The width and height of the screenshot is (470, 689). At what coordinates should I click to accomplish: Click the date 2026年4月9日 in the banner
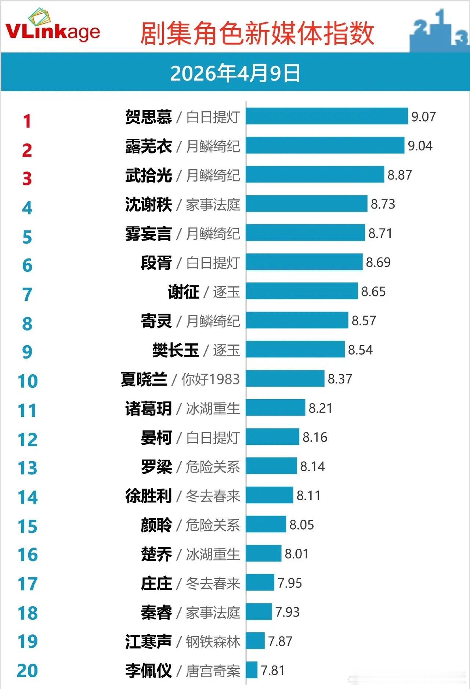(x=235, y=73)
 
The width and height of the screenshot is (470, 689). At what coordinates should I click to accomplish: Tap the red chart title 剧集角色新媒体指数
(x=257, y=34)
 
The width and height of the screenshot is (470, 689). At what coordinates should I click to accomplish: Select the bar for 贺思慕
(x=327, y=116)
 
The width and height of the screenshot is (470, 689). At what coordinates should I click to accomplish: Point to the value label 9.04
(x=420, y=146)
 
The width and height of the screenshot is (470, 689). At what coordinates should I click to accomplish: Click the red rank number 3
(x=27, y=179)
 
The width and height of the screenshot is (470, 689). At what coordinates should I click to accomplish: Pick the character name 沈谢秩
(x=148, y=205)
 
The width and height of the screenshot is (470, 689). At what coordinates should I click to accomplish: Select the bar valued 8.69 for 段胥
(x=304, y=262)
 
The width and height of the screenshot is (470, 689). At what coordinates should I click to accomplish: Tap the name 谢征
(x=183, y=292)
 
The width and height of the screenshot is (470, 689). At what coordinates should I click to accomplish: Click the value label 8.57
(x=364, y=321)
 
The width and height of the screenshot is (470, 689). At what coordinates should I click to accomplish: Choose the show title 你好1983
(x=210, y=379)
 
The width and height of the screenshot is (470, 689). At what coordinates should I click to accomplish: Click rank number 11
(x=28, y=411)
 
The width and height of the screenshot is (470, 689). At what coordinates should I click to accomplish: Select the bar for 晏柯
(x=272, y=437)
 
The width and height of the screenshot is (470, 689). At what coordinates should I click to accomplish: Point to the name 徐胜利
(x=148, y=496)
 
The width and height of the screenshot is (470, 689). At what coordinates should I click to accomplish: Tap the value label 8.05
(x=301, y=525)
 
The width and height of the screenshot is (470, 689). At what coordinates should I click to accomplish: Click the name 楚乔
(x=156, y=554)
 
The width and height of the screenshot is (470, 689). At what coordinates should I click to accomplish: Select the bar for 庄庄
(x=260, y=582)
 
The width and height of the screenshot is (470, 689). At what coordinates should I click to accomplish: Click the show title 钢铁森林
(x=213, y=642)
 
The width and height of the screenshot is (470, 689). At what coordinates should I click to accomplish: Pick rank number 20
(x=28, y=671)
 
